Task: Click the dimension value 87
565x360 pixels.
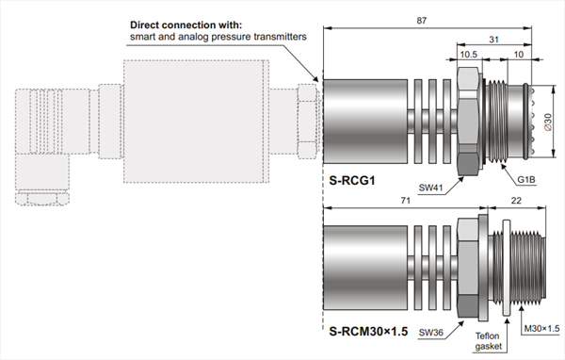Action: [x=422, y=21]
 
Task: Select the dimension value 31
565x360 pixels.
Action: [x=493, y=40]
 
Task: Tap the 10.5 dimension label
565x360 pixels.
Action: [x=468, y=55]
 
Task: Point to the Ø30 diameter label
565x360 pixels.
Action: [x=548, y=122]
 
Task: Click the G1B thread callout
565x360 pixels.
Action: [x=526, y=179]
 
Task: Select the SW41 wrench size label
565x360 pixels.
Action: [x=430, y=188]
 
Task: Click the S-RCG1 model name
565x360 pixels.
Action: [x=352, y=180]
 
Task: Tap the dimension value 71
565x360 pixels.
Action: [x=406, y=201]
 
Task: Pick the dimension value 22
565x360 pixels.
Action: [x=516, y=201]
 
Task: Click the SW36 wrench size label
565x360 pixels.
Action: [x=431, y=333]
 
